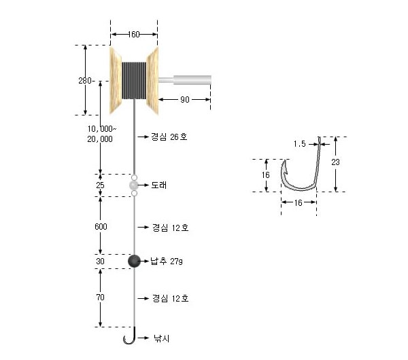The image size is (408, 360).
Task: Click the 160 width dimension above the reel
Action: tap(134, 35)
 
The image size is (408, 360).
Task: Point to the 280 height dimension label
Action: tap(85, 81)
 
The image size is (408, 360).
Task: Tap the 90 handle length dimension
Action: tap(185, 100)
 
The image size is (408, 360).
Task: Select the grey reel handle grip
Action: tap(192, 80)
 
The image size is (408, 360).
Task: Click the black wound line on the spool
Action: tap(134, 81)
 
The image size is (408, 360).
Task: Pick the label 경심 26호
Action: tap(169, 137)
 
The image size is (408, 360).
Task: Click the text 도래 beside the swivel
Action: tap(159, 185)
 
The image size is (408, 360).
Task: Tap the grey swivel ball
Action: tap(134, 185)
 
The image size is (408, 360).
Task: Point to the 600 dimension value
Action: tap(101, 227)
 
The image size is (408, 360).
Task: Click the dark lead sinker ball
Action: tap(134, 262)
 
